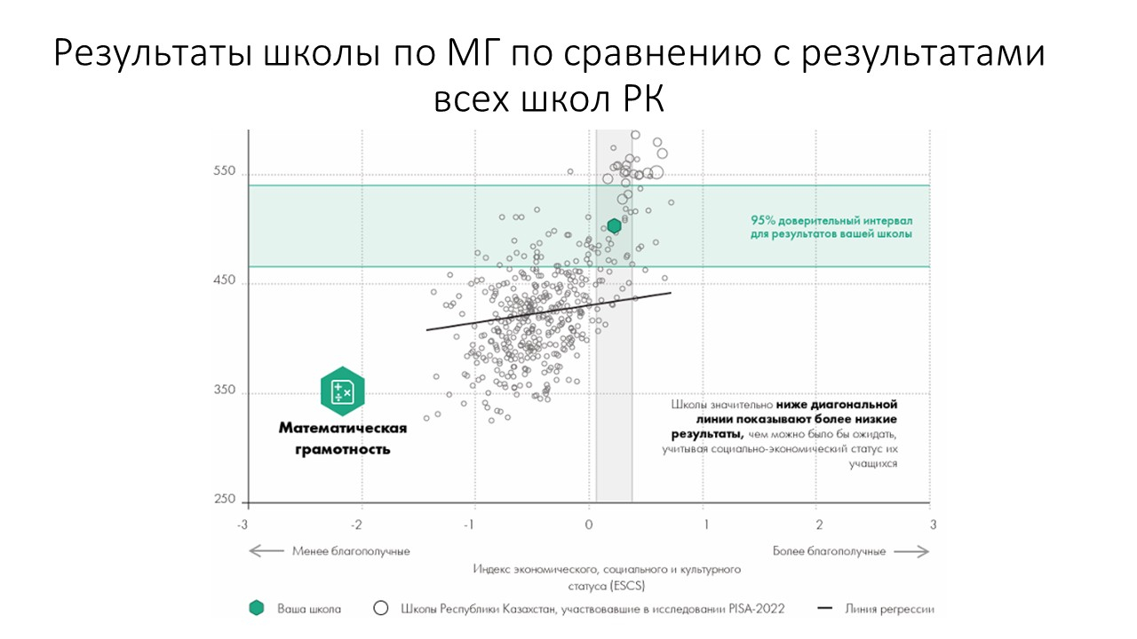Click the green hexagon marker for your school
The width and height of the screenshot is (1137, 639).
[x=614, y=226]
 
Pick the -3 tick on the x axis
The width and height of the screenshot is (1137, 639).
[x=243, y=524]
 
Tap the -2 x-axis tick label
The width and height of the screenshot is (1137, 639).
[x=357, y=524]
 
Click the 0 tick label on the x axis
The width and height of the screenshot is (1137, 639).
[x=588, y=524]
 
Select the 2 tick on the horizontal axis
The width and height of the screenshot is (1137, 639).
[x=819, y=524]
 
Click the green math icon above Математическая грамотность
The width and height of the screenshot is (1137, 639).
[x=343, y=391]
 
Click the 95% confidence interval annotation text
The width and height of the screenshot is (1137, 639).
[x=831, y=227]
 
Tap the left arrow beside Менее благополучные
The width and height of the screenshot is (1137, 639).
[x=266, y=551]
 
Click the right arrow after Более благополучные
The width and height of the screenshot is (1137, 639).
[x=911, y=551]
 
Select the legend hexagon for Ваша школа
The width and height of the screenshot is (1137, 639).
[x=257, y=609]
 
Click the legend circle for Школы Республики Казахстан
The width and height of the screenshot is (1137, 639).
[x=382, y=609]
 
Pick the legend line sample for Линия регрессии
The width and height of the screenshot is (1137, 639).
[x=825, y=609]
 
